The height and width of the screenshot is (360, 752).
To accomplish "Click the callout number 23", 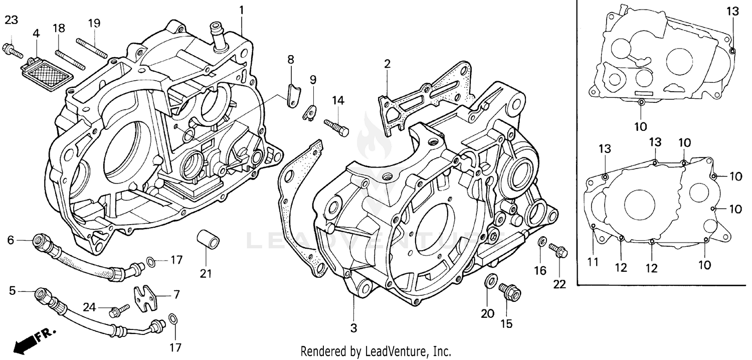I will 11,20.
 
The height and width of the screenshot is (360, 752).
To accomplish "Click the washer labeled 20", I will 491,281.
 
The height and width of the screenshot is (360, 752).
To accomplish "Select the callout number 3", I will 353,328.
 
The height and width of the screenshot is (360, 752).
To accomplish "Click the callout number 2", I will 387,64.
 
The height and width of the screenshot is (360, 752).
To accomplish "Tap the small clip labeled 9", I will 310,112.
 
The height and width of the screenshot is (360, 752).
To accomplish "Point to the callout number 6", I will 11,240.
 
